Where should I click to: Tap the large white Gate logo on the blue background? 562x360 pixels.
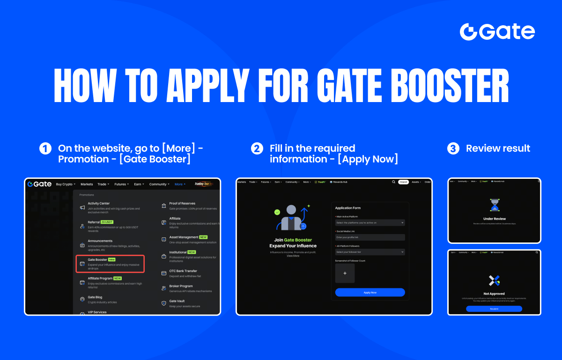pos(497,32)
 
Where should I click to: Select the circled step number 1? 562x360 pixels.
pos(45,148)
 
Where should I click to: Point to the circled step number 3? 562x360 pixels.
pos(453,148)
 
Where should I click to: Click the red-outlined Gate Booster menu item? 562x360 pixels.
pos(111,264)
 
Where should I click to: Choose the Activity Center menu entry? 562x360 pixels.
pos(99,204)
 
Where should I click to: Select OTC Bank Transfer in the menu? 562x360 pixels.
pos(183,271)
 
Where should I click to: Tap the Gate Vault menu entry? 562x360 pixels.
pos(177,301)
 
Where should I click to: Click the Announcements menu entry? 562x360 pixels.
pos(100,241)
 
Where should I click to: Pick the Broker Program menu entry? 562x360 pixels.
pos(181,286)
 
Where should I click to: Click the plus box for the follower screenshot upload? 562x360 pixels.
pos(345,273)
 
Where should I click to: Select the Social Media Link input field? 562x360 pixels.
pos(370,237)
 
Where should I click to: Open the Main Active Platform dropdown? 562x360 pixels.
pos(370,223)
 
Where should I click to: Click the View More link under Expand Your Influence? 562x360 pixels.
pos(293,256)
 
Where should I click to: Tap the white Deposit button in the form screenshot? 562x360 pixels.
pos(403,182)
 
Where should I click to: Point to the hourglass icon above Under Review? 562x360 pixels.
pos(495,205)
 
